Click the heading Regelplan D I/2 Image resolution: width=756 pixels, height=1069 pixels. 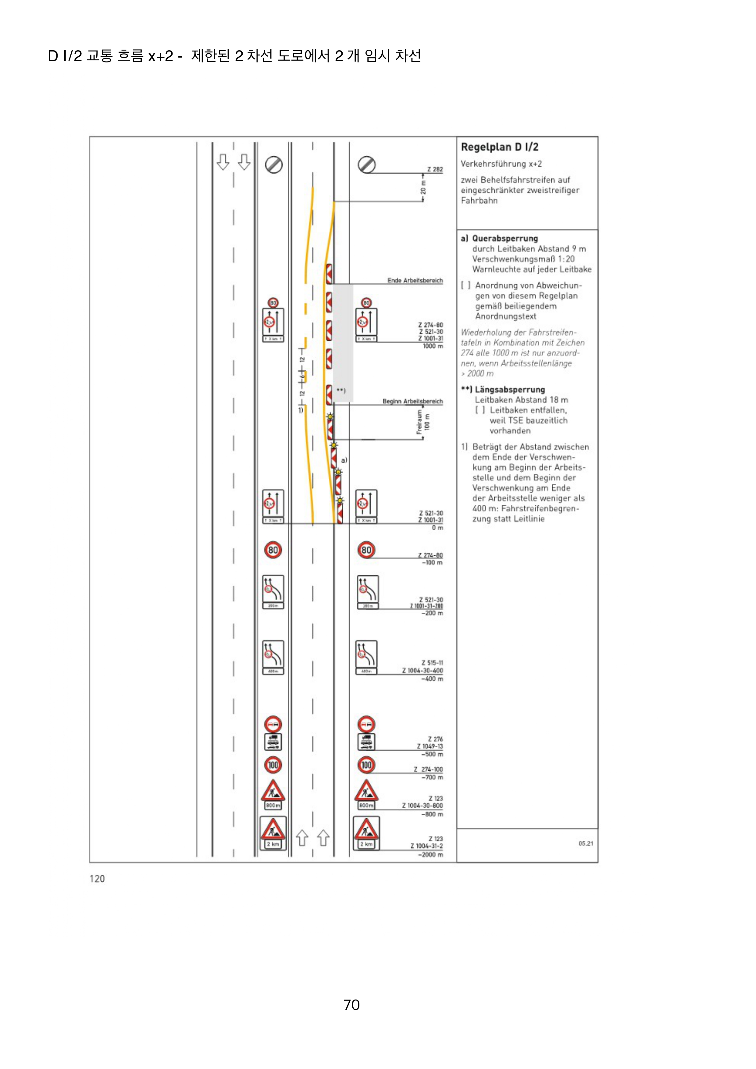499,147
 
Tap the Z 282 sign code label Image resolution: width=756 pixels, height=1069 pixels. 435,169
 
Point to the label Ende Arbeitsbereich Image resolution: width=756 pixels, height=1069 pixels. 415,280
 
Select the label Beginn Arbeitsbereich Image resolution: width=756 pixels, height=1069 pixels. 412,401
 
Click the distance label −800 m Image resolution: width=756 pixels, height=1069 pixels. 432,814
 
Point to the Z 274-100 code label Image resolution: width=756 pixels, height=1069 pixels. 428,770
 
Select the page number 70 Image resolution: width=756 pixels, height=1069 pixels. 351,1005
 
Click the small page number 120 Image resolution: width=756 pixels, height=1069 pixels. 97,879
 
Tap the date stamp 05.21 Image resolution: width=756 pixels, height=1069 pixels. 586,843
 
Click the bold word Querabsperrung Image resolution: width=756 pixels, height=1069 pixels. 505,238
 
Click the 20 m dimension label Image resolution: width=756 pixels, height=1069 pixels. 423,188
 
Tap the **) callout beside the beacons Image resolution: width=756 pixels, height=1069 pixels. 341,390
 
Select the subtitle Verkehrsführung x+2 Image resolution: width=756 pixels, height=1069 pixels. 501,164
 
